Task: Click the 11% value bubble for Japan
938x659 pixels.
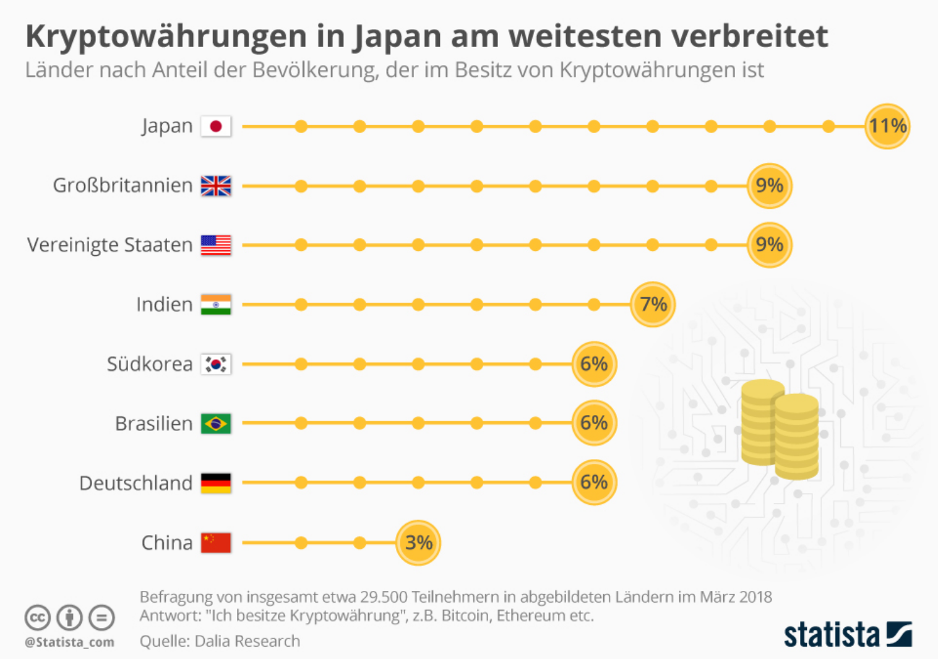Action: coord(887,126)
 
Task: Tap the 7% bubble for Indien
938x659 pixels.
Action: coord(653,304)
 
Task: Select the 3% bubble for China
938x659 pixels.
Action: coord(418,543)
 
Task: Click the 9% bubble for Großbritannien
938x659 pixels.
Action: coord(769,185)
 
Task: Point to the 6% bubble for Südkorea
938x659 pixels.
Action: coord(594,364)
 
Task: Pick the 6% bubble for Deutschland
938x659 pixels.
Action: coord(594,482)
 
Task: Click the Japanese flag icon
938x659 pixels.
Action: coord(216,126)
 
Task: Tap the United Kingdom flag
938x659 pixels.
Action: coord(216,185)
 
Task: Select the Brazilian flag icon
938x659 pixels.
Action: coord(216,423)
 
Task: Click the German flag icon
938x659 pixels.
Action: coord(216,482)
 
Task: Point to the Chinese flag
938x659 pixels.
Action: coord(216,543)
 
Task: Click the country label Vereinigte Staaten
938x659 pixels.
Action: coord(110,245)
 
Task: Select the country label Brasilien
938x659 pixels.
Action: coord(154,424)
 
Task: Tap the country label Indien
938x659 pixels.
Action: coord(165,304)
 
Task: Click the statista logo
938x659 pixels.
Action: coord(848,634)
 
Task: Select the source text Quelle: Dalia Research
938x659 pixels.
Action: coord(220,641)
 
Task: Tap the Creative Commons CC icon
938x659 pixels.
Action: coord(37,618)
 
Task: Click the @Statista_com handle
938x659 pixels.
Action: coord(69,642)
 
